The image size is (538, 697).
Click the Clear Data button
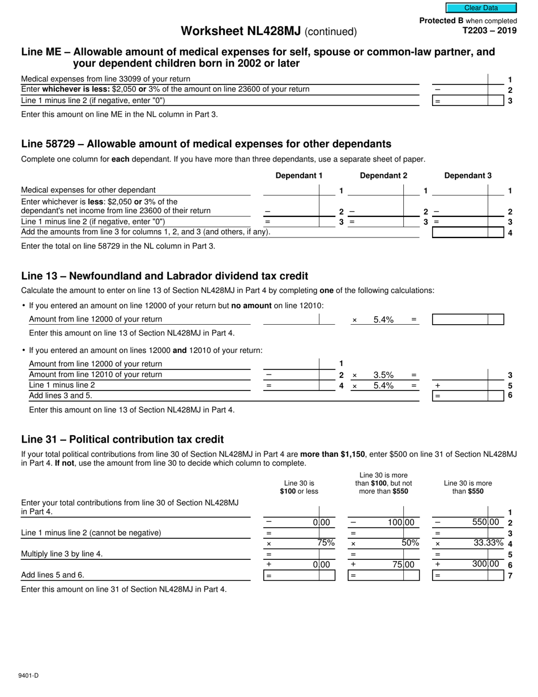[x=481, y=8]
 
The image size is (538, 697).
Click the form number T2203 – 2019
[x=489, y=31]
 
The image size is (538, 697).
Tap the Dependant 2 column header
[x=383, y=176]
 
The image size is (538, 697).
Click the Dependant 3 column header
[x=468, y=176]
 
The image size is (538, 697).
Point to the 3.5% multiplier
[x=383, y=375]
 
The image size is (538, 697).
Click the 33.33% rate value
[x=488, y=543]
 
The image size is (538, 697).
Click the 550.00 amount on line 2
[x=486, y=522]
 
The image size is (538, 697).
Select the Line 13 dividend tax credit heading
[x=164, y=276]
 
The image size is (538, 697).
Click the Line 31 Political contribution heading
[x=122, y=439]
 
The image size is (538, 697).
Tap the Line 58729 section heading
[x=206, y=144]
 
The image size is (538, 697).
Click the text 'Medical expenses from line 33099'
[x=106, y=79]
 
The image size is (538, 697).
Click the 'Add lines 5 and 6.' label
[x=53, y=575]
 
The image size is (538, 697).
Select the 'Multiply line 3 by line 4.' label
[x=62, y=554]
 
